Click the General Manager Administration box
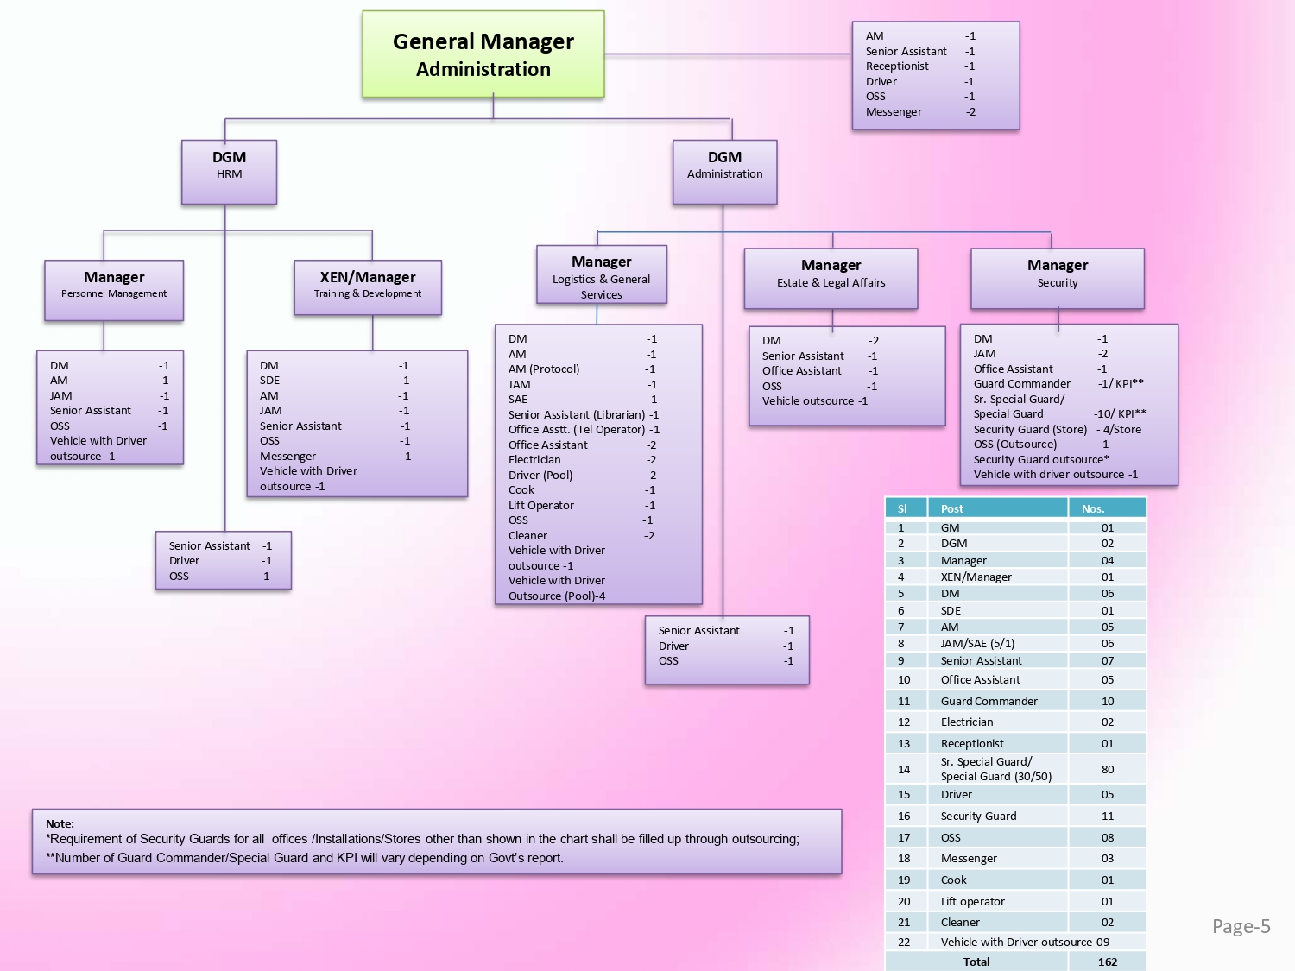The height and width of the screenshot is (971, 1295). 483,54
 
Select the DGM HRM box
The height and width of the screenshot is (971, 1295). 229,172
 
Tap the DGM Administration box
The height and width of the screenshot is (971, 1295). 724,172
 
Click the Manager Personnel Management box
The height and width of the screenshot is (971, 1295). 114,290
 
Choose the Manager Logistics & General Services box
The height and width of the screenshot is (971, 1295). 601,275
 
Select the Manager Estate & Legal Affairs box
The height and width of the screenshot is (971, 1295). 831,278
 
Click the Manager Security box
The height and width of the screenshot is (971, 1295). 1058,278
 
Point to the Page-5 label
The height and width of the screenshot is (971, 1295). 1241,926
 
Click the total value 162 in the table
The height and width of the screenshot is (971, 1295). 1108,962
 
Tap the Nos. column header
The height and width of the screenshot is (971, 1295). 1093,508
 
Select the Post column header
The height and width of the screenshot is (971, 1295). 952,508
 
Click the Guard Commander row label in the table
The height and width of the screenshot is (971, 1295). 989,701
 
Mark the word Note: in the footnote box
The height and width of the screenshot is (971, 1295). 60,823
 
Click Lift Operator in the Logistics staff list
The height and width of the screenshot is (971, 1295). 541,505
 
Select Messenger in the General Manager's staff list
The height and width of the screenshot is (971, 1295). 894,111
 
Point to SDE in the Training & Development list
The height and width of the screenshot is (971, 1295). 270,380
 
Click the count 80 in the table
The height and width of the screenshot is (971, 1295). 1108,769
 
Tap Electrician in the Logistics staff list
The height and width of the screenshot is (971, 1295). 534,459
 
